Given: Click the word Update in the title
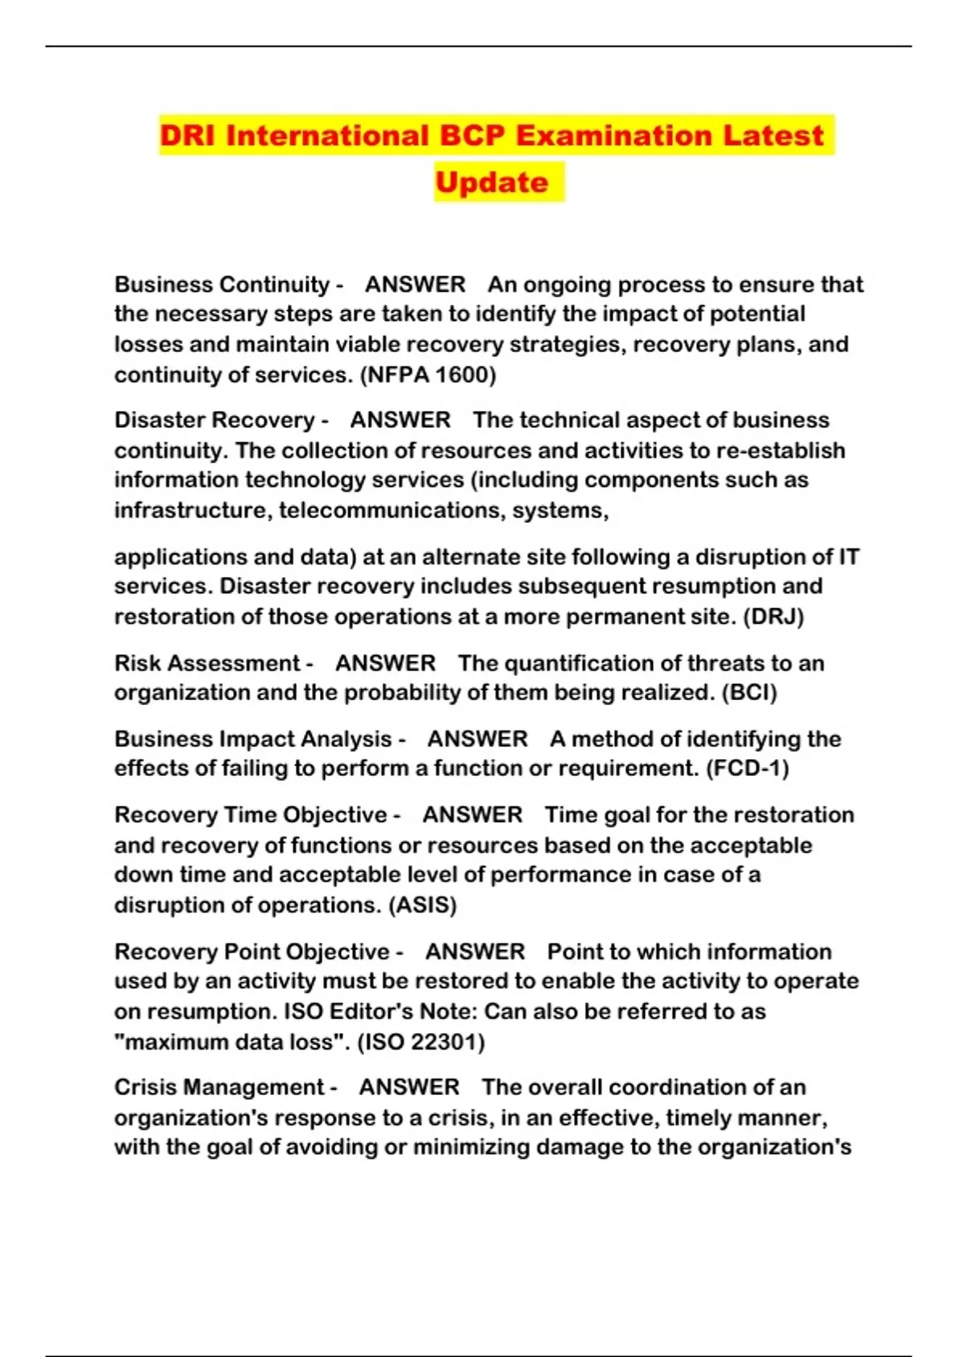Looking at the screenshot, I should (x=492, y=182).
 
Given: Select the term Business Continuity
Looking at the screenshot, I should (x=222, y=284).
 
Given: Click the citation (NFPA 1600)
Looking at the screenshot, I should (x=428, y=374).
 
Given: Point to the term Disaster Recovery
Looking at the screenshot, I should (x=214, y=420).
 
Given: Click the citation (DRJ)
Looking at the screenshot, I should (x=773, y=616).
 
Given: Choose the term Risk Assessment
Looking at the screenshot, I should (x=207, y=663).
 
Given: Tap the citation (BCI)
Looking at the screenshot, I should (x=749, y=692).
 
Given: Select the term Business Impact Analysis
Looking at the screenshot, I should (x=253, y=738).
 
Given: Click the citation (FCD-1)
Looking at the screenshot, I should (x=748, y=768).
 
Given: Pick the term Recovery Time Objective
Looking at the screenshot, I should (x=251, y=814).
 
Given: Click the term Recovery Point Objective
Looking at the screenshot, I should (x=252, y=951).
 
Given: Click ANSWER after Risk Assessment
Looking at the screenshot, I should (x=386, y=663).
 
